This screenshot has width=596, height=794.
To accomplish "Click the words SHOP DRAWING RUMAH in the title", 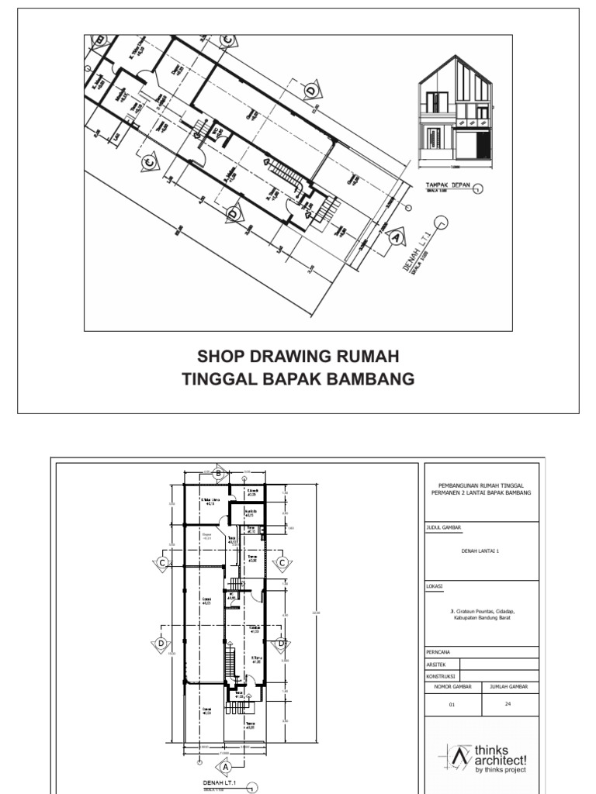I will click(x=298, y=357).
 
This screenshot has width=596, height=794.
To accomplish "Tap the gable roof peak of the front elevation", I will click(x=454, y=60).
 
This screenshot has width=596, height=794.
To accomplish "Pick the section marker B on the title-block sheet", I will click(x=218, y=474).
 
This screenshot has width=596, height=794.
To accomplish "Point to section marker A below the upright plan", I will click(x=226, y=766).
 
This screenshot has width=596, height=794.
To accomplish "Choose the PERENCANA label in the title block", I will click(x=439, y=652).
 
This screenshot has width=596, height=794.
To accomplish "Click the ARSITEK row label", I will click(x=436, y=664).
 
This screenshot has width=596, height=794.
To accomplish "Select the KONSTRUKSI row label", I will click(x=440, y=675).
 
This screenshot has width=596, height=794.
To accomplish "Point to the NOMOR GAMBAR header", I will click(x=454, y=687).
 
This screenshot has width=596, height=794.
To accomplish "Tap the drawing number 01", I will click(x=454, y=706).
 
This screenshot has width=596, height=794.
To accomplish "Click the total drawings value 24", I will click(x=508, y=705).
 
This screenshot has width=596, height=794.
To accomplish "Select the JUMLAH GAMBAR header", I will click(x=508, y=687).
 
